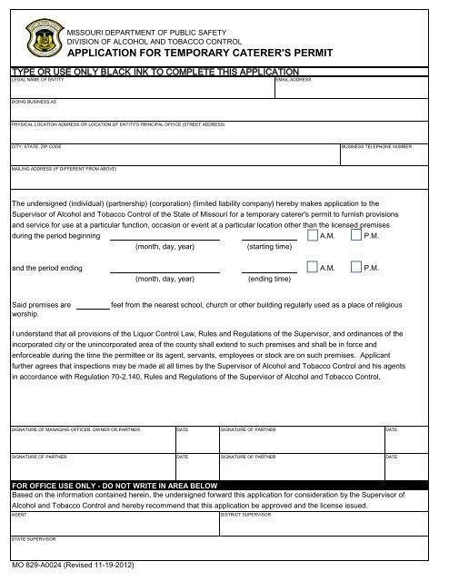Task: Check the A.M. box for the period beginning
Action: (x=312, y=235)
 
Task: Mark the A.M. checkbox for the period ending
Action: (x=312, y=269)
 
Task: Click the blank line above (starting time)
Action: (x=269, y=237)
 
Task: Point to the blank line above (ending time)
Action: (x=269, y=271)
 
